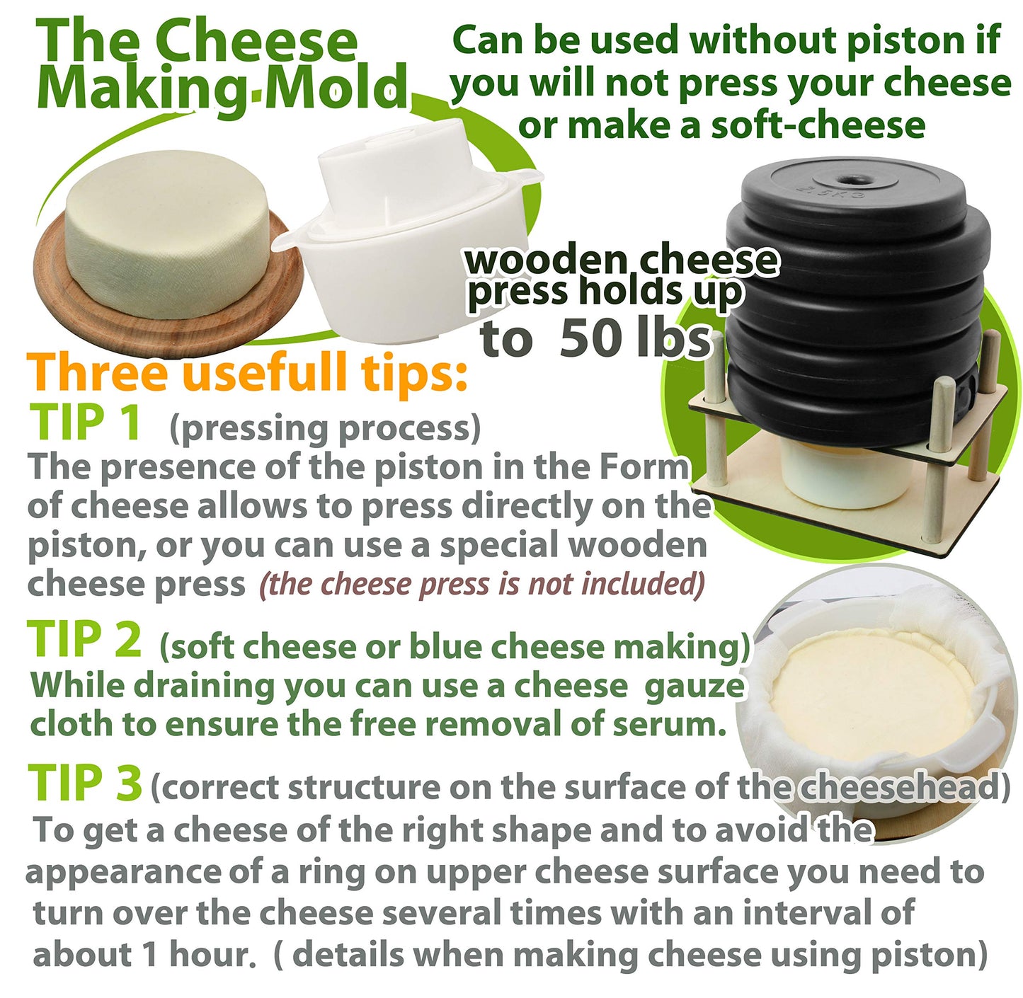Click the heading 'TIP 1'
85,423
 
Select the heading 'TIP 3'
85,784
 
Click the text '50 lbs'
634,339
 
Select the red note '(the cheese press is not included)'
482,585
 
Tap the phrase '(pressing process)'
325,428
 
